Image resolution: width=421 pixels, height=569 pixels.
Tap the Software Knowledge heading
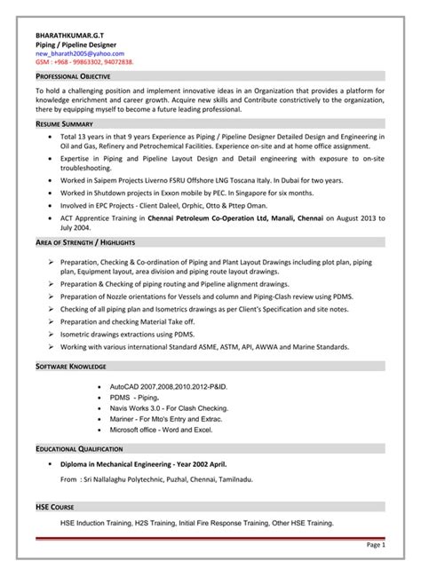71,366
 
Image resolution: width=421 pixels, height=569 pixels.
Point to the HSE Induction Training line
196,523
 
